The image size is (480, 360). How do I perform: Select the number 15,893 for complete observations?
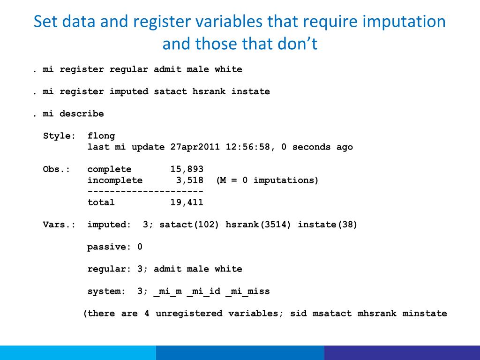(x=187, y=169)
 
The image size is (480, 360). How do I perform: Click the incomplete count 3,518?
(x=189, y=180)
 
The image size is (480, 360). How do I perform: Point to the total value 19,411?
(x=187, y=202)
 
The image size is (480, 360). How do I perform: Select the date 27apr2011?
(x=195, y=147)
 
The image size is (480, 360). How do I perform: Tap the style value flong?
(x=101, y=136)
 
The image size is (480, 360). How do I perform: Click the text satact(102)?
(x=189, y=225)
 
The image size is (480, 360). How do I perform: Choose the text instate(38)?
(x=328, y=225)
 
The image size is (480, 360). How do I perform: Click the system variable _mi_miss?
(x=247, y=291)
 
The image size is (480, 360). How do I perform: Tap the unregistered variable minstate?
(x=425, y=313)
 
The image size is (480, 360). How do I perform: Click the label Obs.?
(x=57, y=169)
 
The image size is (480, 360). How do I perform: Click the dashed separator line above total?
(x=145, y=191)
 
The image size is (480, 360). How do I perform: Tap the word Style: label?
(x=60, y=136)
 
